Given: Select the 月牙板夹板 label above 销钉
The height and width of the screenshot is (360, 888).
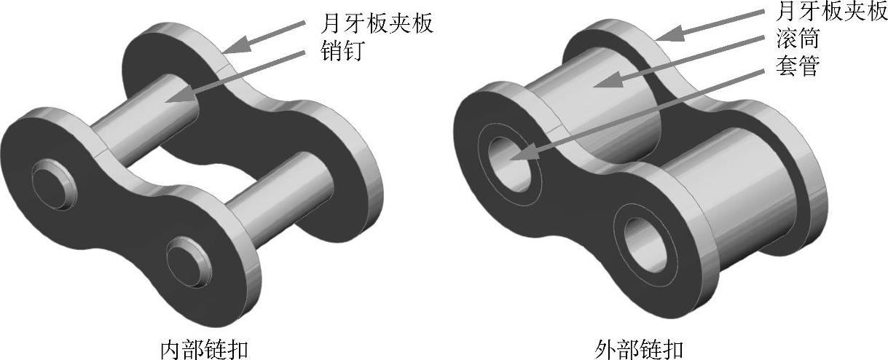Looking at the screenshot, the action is (x=377, y=23).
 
